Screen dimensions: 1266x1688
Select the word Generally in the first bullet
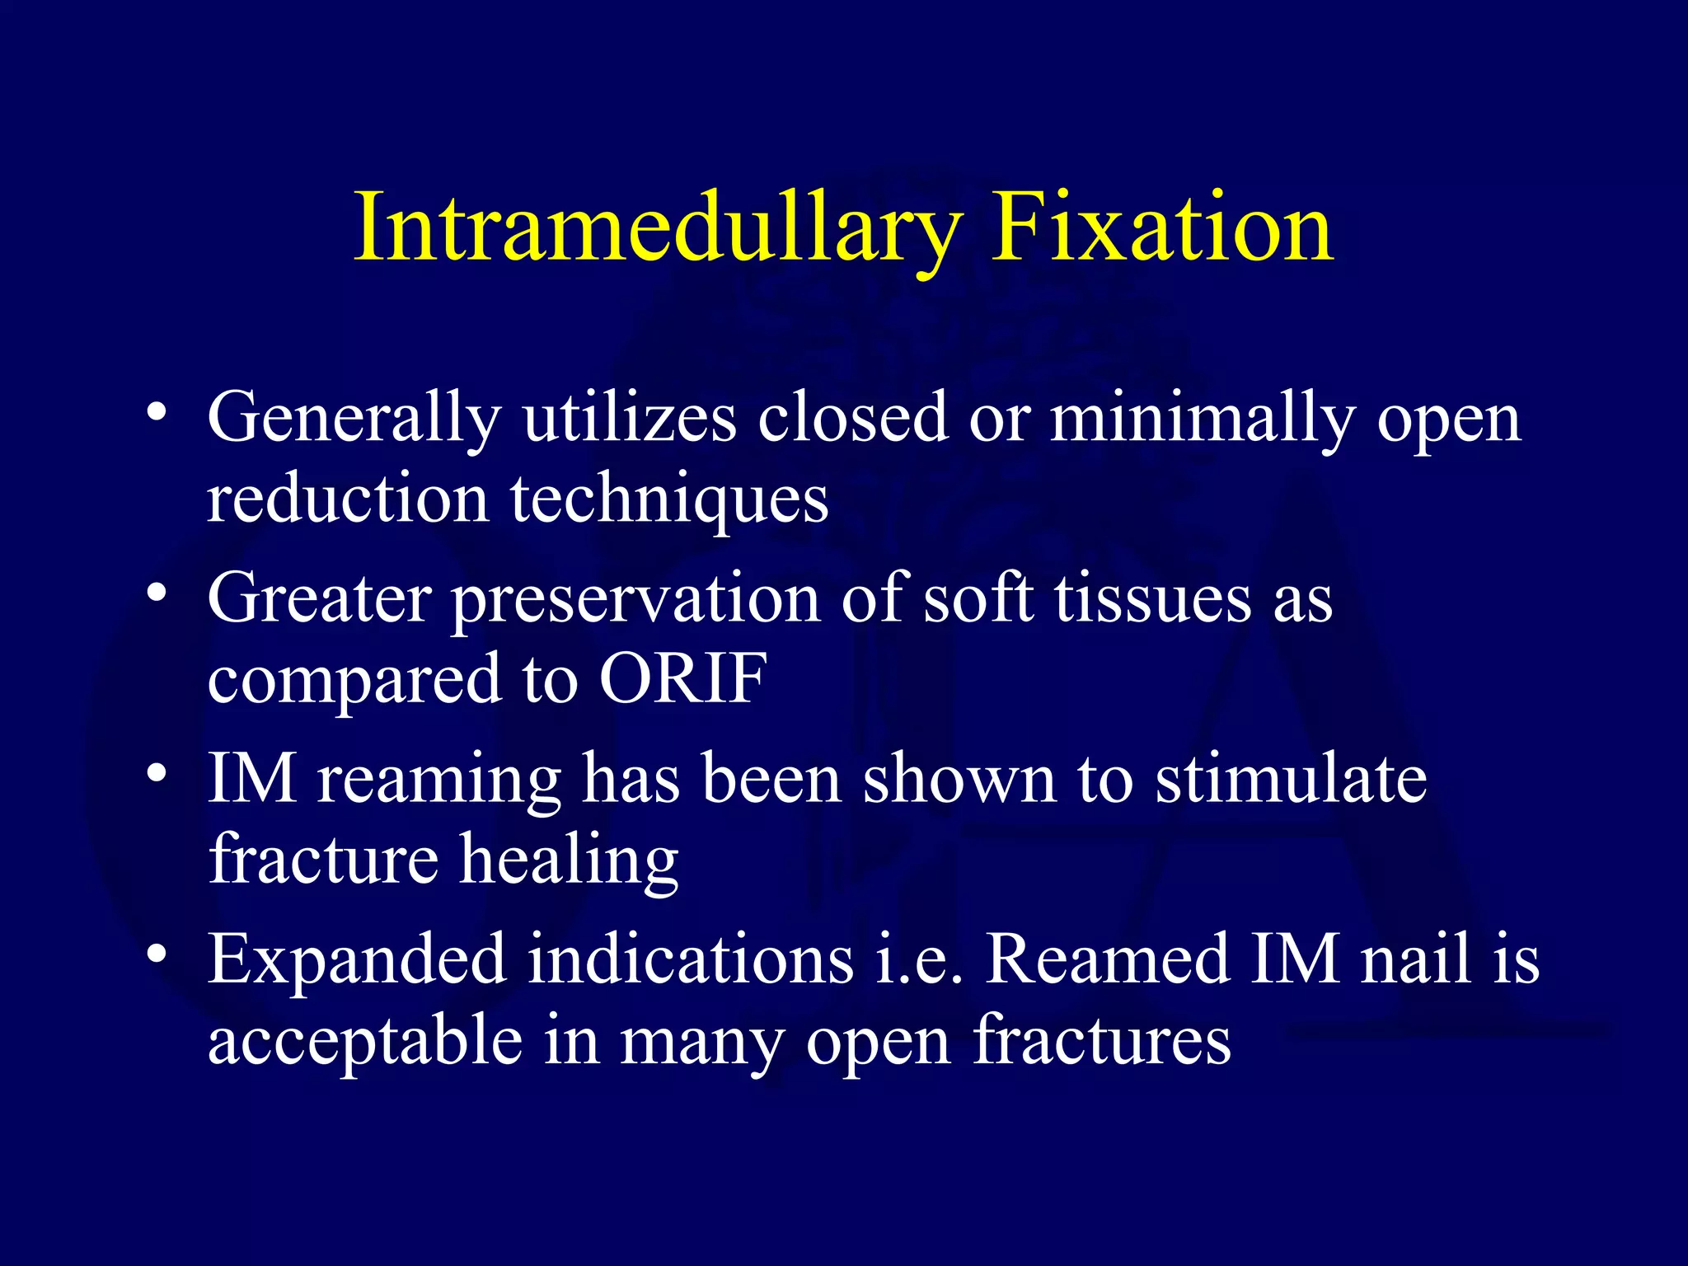pos(354,419)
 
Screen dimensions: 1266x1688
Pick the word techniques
pos(669,499)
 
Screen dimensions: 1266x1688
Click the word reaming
pos(439,780)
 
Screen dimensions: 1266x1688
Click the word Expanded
pos(357,959)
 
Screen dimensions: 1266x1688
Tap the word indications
pos(691,958)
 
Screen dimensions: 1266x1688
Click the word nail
pos(1415,958)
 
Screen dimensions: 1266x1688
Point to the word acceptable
pos(365,1040)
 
